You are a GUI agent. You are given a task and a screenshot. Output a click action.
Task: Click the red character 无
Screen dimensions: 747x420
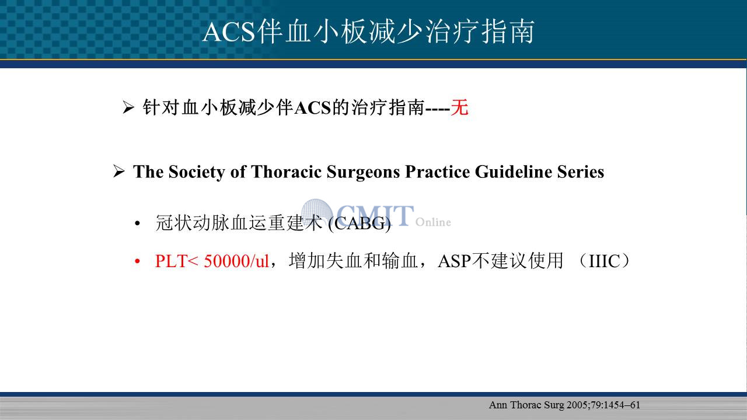click(459, 108)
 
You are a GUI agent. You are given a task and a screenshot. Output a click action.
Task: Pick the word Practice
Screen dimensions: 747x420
click(438, 171)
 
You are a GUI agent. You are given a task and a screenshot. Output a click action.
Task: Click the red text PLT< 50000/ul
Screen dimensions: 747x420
click(212, 261)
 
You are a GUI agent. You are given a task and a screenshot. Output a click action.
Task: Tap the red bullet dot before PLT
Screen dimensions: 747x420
click(137, 261)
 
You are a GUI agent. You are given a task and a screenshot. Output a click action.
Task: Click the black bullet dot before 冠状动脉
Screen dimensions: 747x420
click(137, 223)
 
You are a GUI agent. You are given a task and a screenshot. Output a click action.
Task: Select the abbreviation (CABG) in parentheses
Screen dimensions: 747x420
click(359, 223)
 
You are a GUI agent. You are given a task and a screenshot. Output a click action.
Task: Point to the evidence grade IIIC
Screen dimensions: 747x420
click(604, 261)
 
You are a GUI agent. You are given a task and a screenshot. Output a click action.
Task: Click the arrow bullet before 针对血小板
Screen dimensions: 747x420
click(128, 107)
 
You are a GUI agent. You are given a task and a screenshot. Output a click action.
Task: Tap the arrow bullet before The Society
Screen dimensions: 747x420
click(118, 171)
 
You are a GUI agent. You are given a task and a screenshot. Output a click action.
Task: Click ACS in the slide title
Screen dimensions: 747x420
click(229, 32)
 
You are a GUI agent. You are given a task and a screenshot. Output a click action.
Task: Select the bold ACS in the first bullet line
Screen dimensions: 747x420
click(313, 108)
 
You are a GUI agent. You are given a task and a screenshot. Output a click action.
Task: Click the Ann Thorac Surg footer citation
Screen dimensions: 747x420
click(564, 405)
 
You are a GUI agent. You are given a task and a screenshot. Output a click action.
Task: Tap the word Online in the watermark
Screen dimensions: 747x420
click(433, 222)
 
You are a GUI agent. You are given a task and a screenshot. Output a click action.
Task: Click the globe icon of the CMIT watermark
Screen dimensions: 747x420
click(316, 212)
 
